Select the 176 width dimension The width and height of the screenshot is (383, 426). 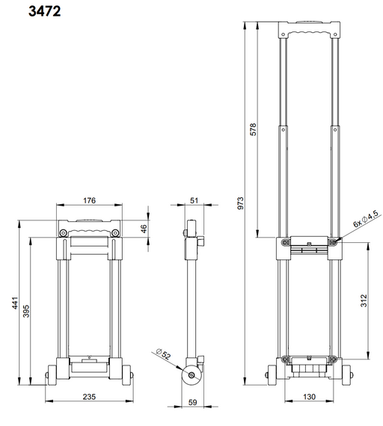(x=89, y=200)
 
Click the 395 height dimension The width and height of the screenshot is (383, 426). (x=26, y=312)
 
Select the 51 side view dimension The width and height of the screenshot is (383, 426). (x=194, y=200)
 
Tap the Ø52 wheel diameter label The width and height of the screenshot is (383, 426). (x=163, y=354)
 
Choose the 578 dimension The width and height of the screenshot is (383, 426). (x=252, y=128)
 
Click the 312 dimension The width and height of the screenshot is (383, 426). (x=364, y=300)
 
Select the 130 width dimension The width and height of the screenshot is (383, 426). (x=308, y=398)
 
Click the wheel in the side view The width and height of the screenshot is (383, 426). (x=194, y=376)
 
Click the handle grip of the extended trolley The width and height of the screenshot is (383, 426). (x=307, y=32)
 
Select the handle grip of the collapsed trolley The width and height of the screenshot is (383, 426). (x=89, y=224)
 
